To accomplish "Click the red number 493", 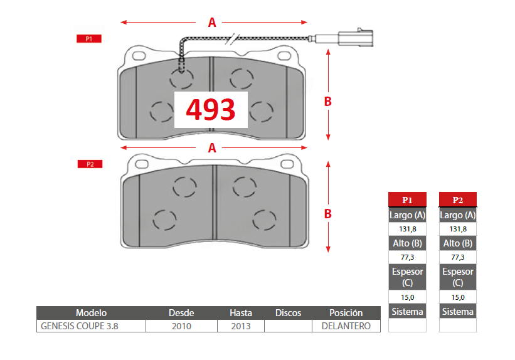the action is [x=211, y=109].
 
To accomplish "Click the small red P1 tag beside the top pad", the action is [x=88, y=39].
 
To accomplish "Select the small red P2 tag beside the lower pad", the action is [x=90, y=164].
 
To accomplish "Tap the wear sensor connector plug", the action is [x=356, y=38].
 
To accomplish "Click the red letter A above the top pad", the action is [x=212, y=23].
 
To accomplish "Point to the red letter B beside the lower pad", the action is [x=327, y=214].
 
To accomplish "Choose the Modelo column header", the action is [x=92, y=313].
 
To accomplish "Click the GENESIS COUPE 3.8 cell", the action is [x=80, y=326].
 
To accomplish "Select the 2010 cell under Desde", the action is [x=181, y=326].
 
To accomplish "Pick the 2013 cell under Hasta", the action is [x=241, y=326].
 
